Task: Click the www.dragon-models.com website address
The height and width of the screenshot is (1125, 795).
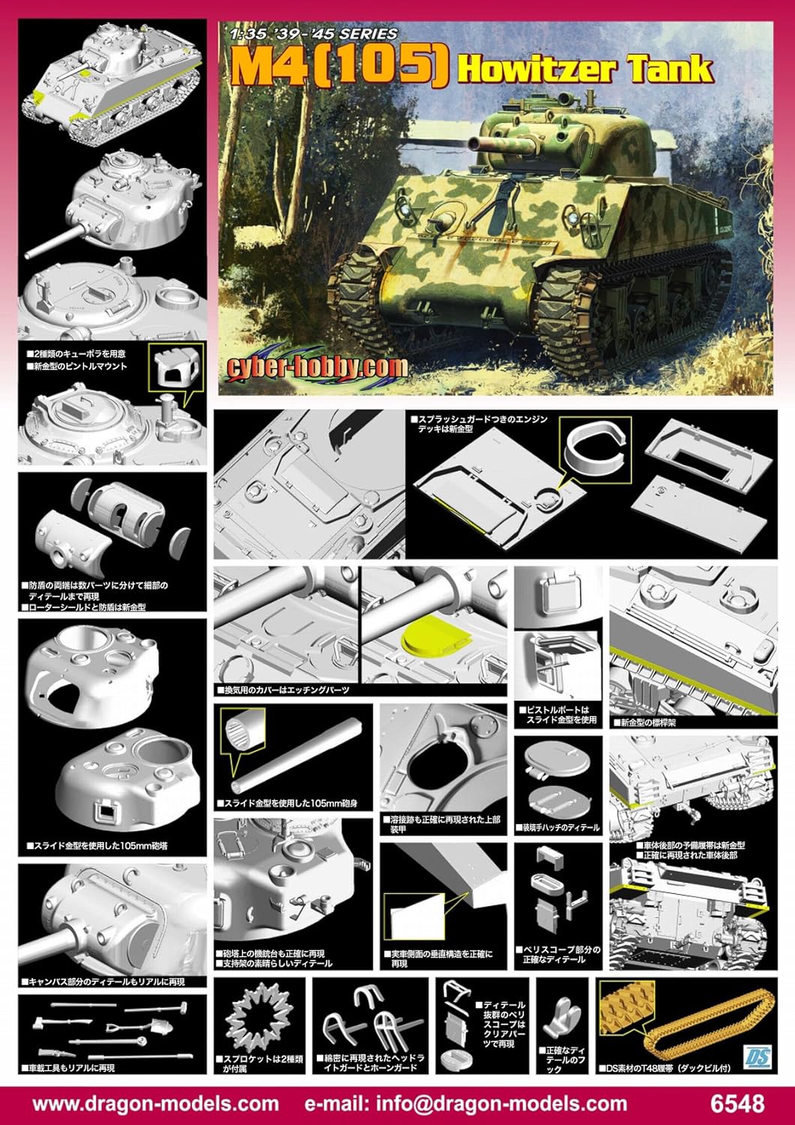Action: click(x=156, y=1103)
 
